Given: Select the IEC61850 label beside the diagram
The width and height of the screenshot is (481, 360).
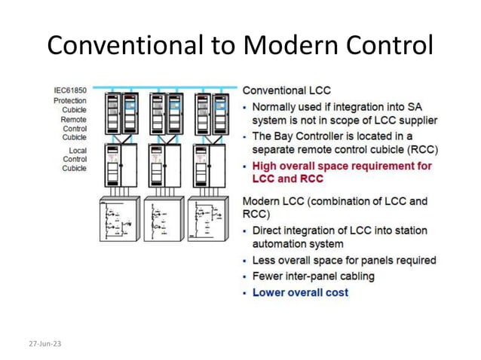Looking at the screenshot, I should [70, 90].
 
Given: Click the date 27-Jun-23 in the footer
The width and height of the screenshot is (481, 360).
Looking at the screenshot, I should [45, 343].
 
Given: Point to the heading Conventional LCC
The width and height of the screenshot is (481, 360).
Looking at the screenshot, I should [286, 90].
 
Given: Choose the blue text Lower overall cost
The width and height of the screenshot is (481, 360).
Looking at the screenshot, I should [300, 291].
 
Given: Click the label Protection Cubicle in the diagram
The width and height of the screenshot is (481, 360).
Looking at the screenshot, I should [74, 105].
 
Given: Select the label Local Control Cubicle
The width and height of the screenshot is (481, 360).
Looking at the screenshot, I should [74, 159].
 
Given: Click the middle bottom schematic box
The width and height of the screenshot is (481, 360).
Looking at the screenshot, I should [163, 218].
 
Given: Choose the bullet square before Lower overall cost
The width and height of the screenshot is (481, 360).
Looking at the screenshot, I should [245, 292].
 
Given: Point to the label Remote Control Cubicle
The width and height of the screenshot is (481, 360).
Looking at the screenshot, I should [74, 128].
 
